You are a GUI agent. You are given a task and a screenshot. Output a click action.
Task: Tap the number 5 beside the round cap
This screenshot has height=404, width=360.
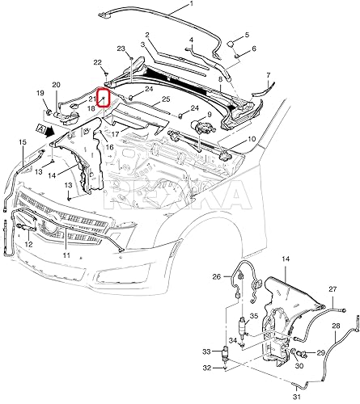[247, 35]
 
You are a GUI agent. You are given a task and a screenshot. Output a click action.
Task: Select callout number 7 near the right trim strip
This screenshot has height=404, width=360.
[270, 75]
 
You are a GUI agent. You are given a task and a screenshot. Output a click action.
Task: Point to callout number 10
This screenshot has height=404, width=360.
[252, 140]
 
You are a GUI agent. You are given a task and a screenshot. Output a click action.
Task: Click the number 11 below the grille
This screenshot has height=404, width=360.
[67, 255]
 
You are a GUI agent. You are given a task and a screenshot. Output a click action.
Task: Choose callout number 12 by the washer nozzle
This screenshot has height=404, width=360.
[28, 245]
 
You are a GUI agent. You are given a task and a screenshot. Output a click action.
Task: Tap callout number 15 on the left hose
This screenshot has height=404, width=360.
[22, 143]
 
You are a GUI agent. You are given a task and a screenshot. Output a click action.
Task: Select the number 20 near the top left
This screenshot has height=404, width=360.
[56, 85]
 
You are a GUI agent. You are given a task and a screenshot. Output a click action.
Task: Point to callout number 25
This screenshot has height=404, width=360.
[165, 99]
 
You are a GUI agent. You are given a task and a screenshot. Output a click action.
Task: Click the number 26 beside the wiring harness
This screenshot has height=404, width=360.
[216, 277]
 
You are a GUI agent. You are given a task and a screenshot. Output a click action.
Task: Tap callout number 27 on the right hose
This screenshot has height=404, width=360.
[332, 289]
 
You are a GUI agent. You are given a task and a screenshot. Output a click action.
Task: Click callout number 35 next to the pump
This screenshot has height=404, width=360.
[252, 316]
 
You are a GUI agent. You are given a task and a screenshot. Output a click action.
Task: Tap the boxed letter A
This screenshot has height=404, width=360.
[40, 128]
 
